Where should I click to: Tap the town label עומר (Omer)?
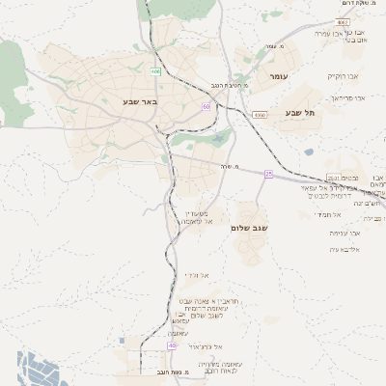click(280, 75)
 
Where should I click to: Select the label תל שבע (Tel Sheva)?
click(301, 113)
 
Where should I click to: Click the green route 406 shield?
click(155, 70)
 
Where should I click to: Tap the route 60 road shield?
click(207, 106)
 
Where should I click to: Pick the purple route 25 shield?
click(269, 174)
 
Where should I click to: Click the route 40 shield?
click(172, 345)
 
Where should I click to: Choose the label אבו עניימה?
click(345, 233)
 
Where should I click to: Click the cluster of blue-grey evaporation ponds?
click(43, 369)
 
